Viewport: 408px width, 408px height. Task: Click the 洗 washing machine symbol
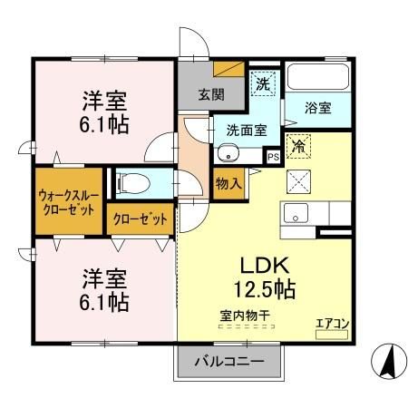point(263,82)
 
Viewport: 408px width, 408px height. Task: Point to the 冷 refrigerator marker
point(297,144)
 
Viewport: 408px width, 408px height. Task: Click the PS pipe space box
point(273,156)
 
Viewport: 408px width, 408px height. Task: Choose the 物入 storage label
point(228,183)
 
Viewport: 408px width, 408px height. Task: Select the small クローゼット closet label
point(140,219)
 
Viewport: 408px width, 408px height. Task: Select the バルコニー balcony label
point(230,362)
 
